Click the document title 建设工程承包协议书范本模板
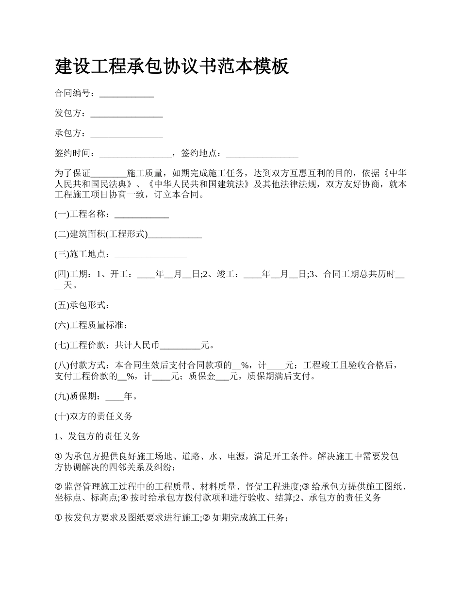click(172, 66)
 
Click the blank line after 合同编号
click(127, 95)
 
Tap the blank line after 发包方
click(127, 115)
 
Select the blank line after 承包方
click(127, 134)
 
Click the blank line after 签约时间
click(135, 154)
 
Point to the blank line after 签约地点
click(262, 154)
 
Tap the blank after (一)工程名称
click(141, 215)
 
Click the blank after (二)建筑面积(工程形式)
click(175, 235)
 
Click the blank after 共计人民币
click(180, 347)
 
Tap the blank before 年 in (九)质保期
click(115, 398)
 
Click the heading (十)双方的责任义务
click(94, 416)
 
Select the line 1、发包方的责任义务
click(98, 436)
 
